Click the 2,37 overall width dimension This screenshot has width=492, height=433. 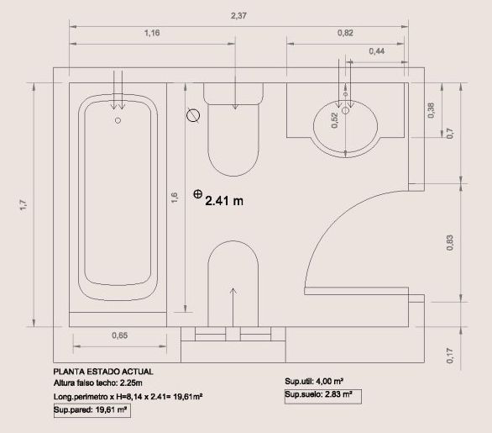point(238,15)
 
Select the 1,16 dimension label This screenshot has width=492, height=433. point(152,33)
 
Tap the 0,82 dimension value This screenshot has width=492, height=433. point(345,33)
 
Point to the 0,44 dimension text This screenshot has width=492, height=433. point(376,51)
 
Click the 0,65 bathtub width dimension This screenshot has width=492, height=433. point(120,335)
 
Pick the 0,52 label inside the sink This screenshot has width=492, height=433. point(335,120)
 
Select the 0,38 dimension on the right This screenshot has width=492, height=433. point(431,110)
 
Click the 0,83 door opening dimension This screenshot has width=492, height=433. point(450,243)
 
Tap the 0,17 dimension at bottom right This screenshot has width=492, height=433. point(450,356)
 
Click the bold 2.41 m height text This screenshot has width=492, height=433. point(224,201)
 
